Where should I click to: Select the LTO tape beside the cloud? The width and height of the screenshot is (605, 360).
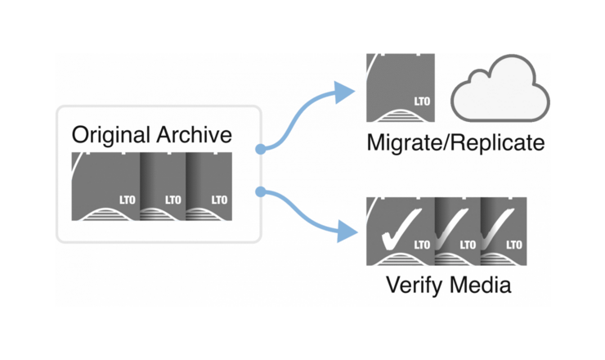pos(400,86)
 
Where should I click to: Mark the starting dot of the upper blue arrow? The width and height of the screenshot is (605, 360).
pos(258,150)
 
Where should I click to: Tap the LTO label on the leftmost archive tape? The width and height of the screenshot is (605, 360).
pos(128,200)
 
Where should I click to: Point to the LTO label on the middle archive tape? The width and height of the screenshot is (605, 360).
pos(173,200)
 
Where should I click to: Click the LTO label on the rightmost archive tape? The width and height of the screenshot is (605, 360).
pos(219,200)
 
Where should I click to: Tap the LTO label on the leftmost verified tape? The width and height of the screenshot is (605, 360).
pos(422,245)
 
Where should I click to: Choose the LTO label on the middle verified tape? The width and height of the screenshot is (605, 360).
pos(468,245)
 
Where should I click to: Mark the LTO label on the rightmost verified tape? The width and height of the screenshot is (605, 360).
pos(514,245)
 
